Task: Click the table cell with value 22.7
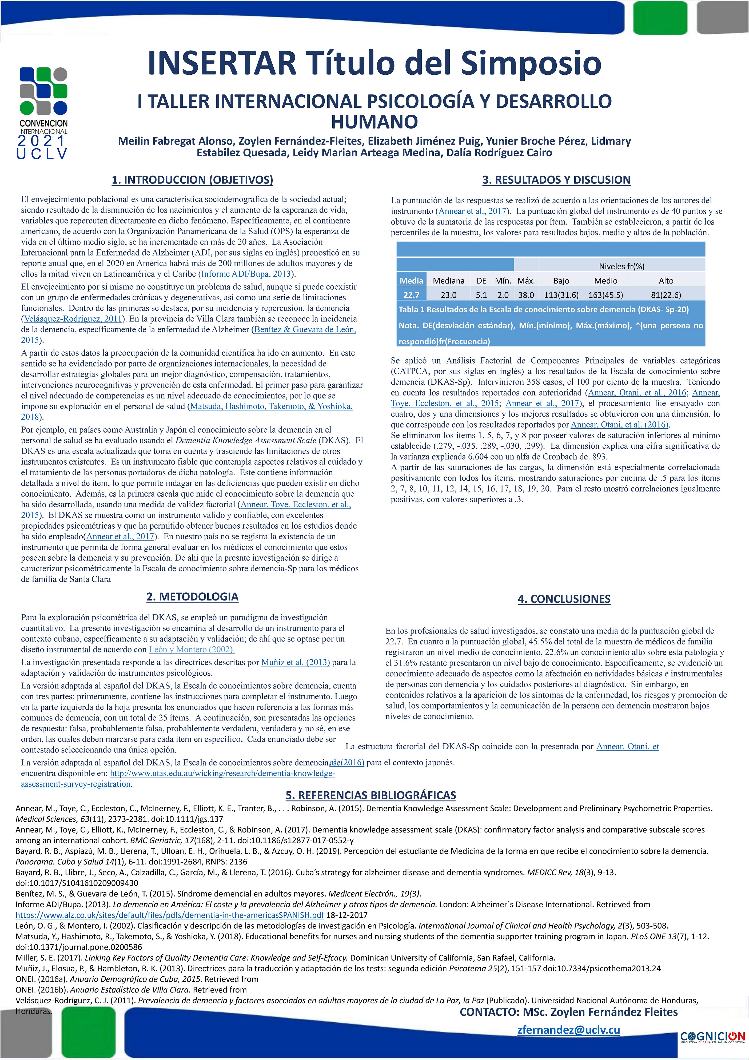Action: (x=411, y=294)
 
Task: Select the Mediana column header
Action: (x=448, y=281)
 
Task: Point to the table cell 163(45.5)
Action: (x=605, y=294)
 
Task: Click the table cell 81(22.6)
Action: (x=666, y=294)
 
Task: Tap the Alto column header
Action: (x=666, y=281)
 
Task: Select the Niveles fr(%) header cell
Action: (x=621, y=266)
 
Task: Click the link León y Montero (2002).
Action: (x=192, y=649)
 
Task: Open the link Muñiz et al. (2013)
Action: (x=296, y=662)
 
